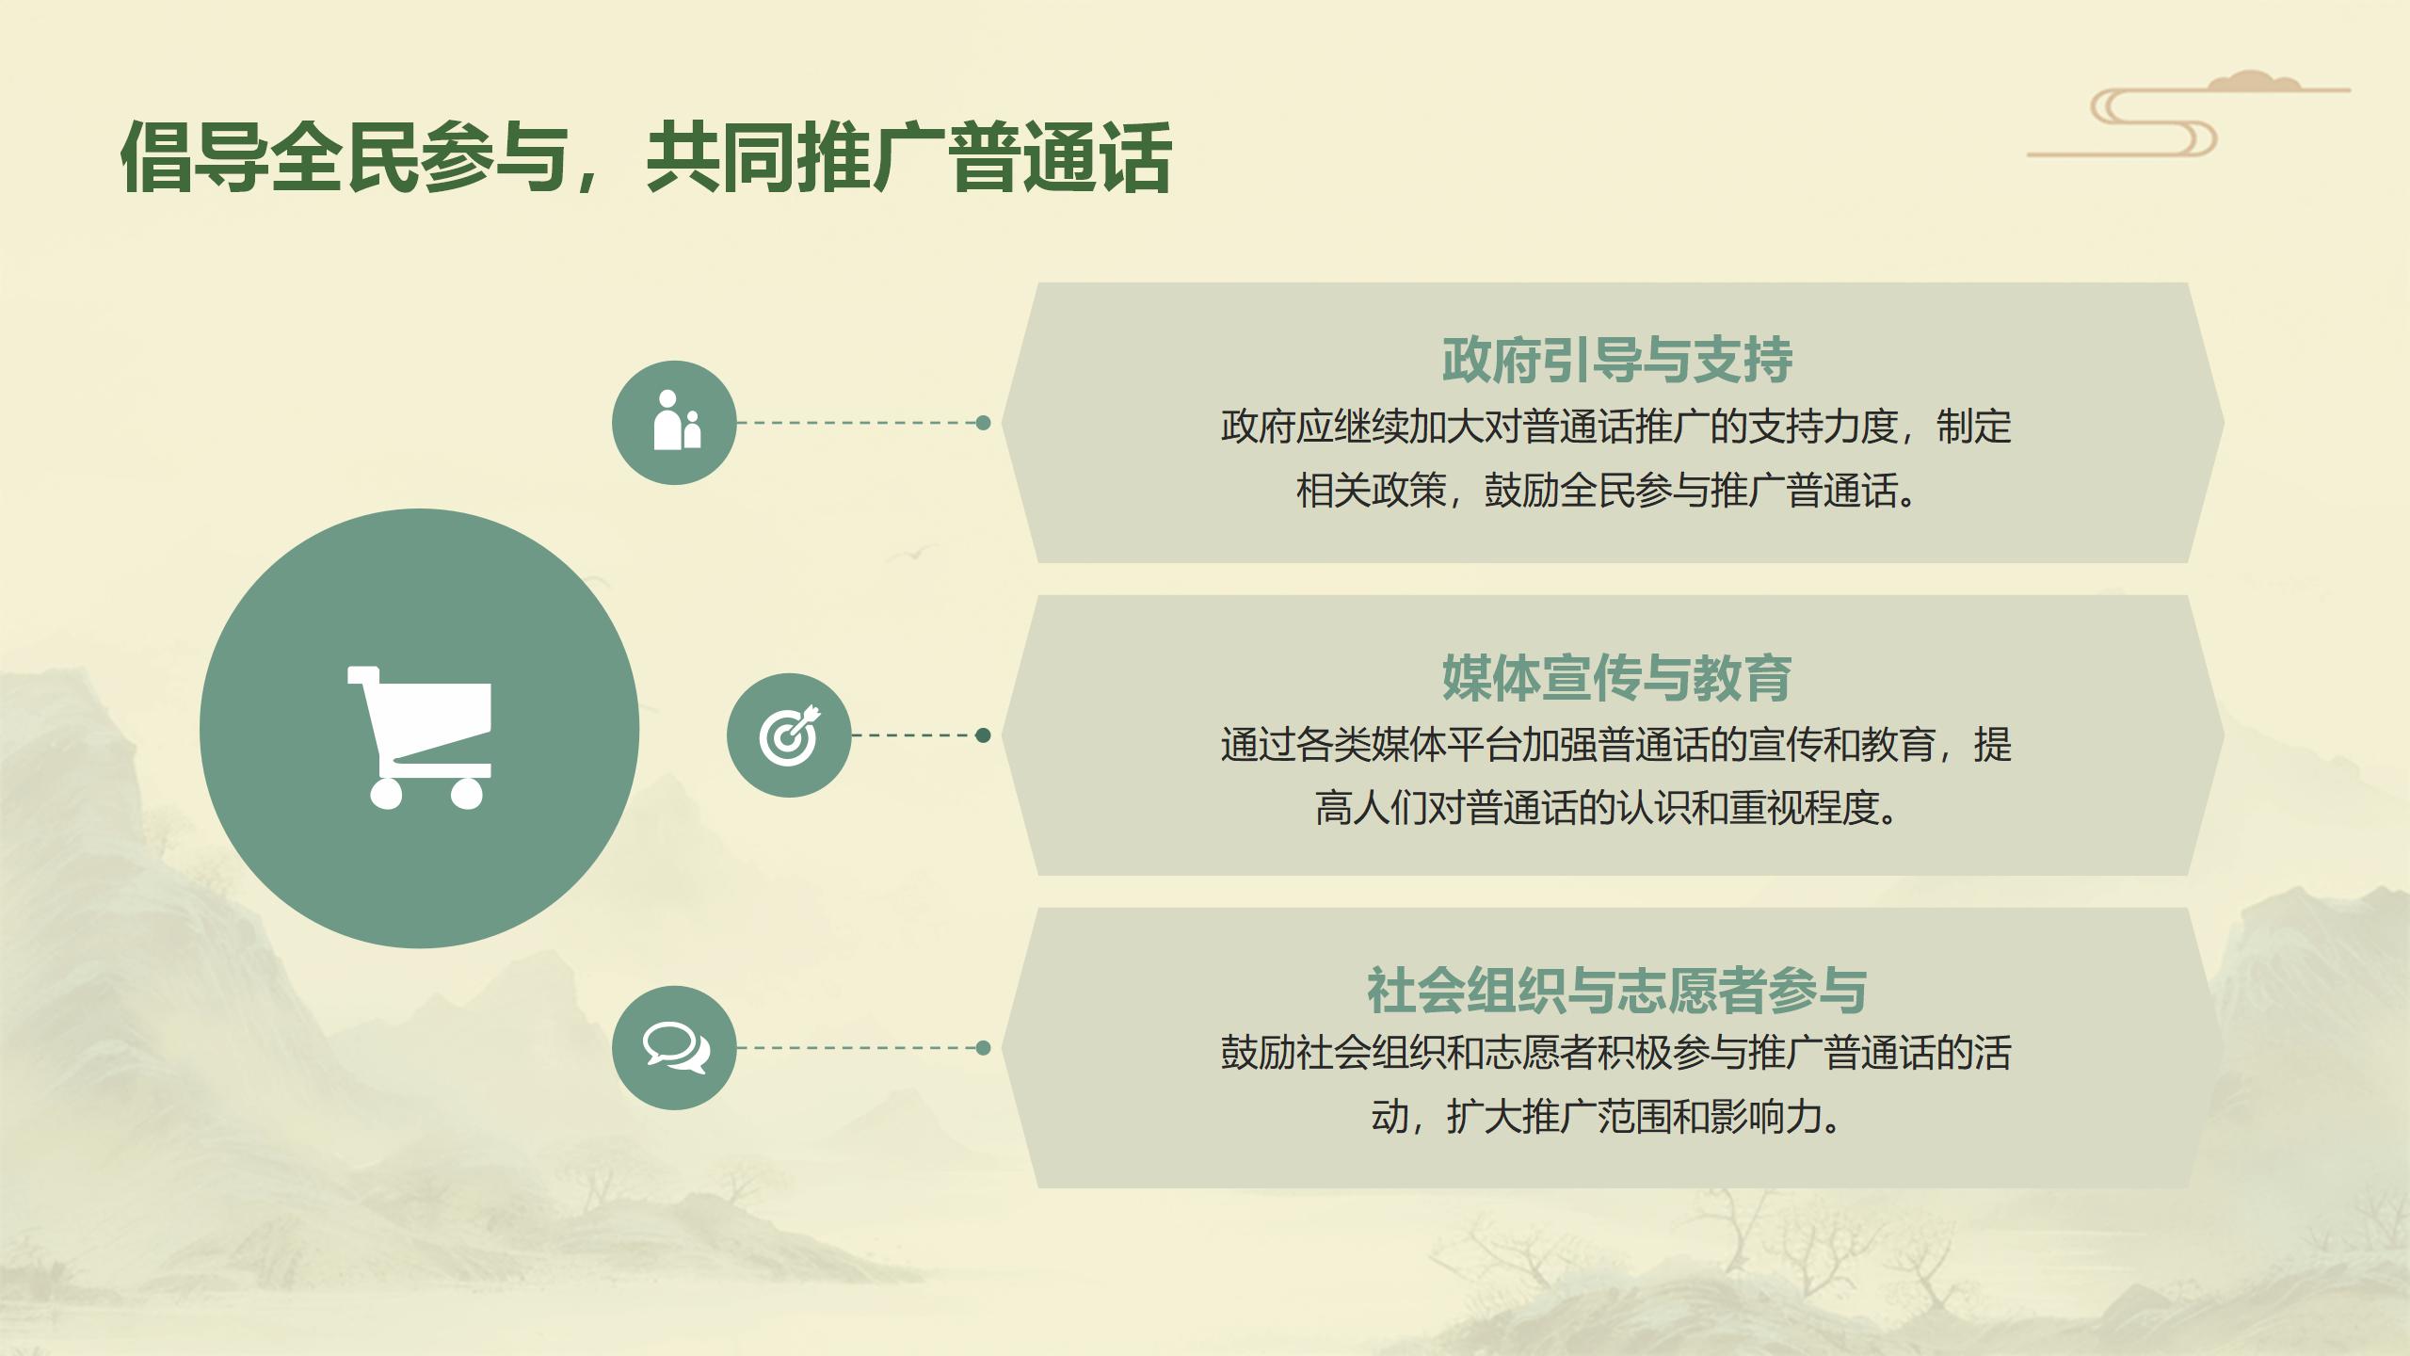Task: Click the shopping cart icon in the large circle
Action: coord(420,736)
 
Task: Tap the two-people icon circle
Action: coord(674,423)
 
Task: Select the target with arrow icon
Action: coord(789,735)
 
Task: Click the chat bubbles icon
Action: coord(674,1048)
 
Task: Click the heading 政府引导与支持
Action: coord(1617,361)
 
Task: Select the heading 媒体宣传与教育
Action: coord(1617,678)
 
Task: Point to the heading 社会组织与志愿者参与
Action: coord(1617,991)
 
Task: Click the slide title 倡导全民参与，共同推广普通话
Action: coord(646,158)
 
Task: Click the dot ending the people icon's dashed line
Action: coord(983,423)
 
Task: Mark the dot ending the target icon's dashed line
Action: coord(983,735)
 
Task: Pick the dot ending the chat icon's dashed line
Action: coord(983,1048)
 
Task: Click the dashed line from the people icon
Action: coord(857,423)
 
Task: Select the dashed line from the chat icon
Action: coord(857,1048)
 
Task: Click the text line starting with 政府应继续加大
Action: coord(1616,428)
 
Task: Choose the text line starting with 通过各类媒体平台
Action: coord(1616,745)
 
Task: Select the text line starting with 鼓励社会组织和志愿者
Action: coord(1616,1054)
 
